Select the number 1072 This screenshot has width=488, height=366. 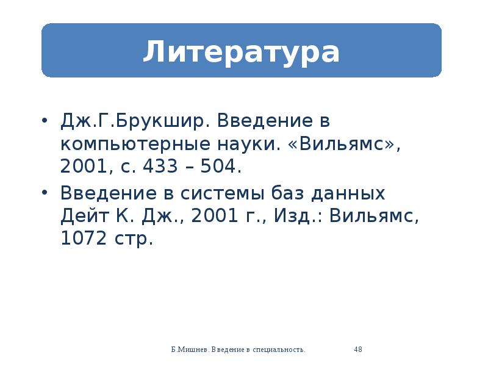[82, 239]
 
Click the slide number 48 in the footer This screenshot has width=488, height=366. [358, 350]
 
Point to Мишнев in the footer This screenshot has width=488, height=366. [193, 350]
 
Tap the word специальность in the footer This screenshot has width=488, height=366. [279, 350]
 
